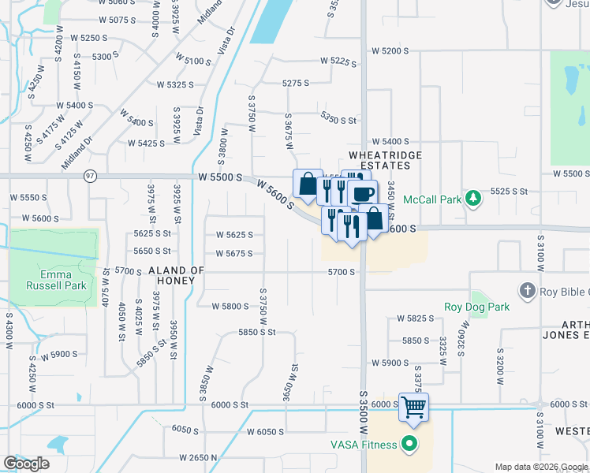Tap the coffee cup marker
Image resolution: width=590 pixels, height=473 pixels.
[x=362, y=194]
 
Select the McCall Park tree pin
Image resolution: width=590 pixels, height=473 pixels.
[x=473, y=198]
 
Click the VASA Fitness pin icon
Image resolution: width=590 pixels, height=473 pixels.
[x=409, y=445]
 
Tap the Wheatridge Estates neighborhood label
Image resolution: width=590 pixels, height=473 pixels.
[x=386, y=162]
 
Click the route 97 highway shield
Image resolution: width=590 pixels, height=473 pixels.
[x=91, y=177]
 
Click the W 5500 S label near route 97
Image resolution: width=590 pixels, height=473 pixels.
[x=220, y=177]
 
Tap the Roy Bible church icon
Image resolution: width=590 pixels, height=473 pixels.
[x=527, y=292]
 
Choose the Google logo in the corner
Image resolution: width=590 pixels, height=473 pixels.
[x=26, y=463]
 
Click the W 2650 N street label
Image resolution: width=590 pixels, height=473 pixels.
[x=199, y=457]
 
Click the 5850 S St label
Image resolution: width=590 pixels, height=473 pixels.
[x=257, y=333]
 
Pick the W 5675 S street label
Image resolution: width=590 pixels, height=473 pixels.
[x=234, y=253]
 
